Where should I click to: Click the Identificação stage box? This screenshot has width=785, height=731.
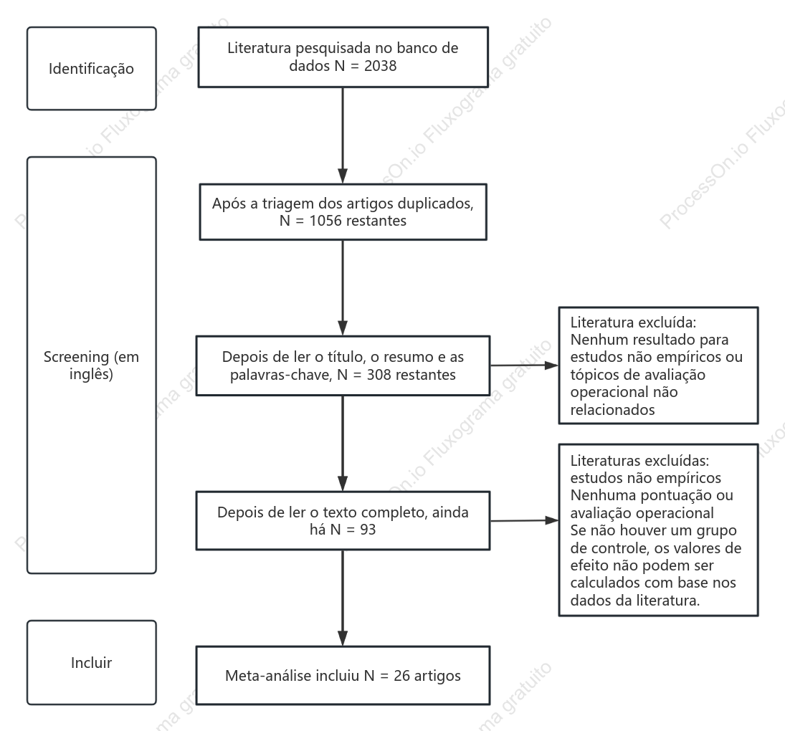tap(92, 69)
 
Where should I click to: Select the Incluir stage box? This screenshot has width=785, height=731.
tap(92, 662)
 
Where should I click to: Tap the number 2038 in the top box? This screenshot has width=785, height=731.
tap(381, 66)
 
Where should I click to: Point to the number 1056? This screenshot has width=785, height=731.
tap(325, 221)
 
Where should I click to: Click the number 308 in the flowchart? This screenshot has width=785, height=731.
tap(379, 375)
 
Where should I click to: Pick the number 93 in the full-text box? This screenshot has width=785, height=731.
tap(368, 530)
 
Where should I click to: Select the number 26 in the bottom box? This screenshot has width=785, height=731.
tap(402, 676)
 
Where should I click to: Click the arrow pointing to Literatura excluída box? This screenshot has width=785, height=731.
tap(524, 365)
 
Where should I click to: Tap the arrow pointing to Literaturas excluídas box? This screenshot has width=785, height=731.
tap(524, 520)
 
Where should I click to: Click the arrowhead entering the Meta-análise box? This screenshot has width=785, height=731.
tap(343, 639)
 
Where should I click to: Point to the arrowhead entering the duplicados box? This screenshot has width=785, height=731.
tap(343, 176)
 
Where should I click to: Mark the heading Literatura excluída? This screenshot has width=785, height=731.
tap(633, 322)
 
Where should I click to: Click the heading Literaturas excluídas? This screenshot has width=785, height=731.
tap(639, 460)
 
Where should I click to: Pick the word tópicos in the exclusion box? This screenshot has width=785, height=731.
tap(594, 376)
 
